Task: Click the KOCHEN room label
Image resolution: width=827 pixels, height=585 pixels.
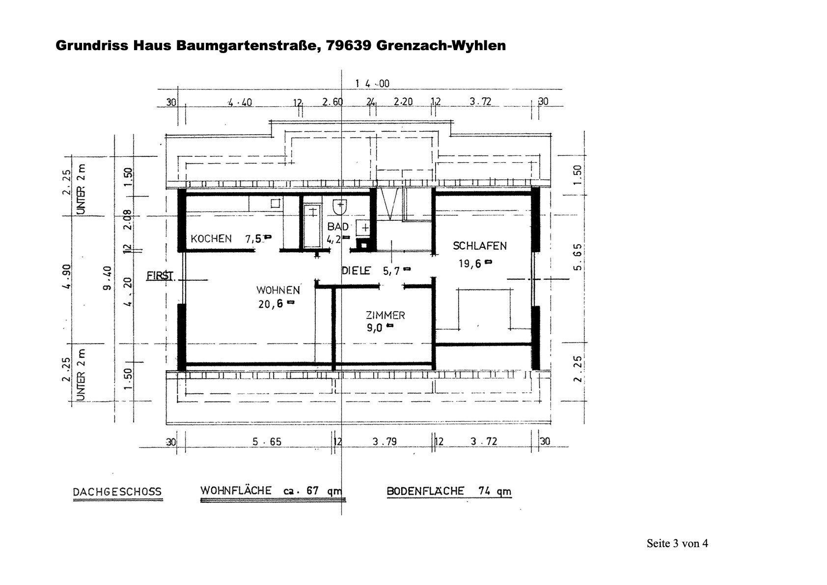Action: [211, 239]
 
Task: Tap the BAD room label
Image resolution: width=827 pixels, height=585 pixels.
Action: [338, 227]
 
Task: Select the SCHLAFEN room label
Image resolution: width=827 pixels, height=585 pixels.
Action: [479, 246]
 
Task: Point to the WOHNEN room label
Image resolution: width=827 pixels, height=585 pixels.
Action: [277, 290]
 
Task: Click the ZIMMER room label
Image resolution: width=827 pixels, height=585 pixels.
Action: [385, 315]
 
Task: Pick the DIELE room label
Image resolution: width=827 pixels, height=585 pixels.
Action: [356, 270]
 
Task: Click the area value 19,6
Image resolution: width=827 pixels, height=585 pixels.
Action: [470, 263]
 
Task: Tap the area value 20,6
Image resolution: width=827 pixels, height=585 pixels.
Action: [271, 304]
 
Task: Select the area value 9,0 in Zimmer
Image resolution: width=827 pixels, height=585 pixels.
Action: [374, 328]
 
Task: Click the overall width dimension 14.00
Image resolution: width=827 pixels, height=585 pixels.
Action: [372, 84]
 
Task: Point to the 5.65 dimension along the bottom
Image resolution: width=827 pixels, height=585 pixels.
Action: [267, 441]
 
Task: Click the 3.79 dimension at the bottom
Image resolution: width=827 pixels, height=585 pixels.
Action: [384, 441]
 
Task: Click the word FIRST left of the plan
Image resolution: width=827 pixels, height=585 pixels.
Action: [160, 275]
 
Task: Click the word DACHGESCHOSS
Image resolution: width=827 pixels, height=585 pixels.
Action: [117, 492]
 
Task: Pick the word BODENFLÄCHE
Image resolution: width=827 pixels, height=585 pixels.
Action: [425, 491]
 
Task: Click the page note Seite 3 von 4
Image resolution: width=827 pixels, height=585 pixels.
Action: [677, 543]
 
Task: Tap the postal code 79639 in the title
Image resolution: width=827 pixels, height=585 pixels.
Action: [350, 46]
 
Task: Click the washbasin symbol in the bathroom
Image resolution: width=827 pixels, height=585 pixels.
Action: [339, 207]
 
